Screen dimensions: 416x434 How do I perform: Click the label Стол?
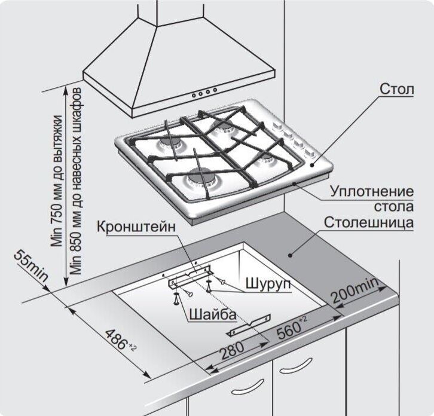pos(396,89)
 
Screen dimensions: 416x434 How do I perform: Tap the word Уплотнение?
pos(372,192)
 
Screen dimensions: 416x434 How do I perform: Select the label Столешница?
pos(369,222)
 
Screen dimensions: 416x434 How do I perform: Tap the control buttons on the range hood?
pos(204,93)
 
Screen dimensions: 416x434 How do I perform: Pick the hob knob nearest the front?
pos(312,154)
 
